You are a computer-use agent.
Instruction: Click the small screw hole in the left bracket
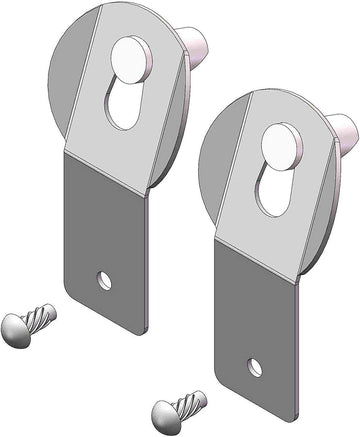[x=104, y=280]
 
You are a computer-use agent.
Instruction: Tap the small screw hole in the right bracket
[x=255, y=368]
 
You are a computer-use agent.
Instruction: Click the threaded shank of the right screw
[x=190, y=404]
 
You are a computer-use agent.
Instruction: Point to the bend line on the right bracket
[x=258, y=257]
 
